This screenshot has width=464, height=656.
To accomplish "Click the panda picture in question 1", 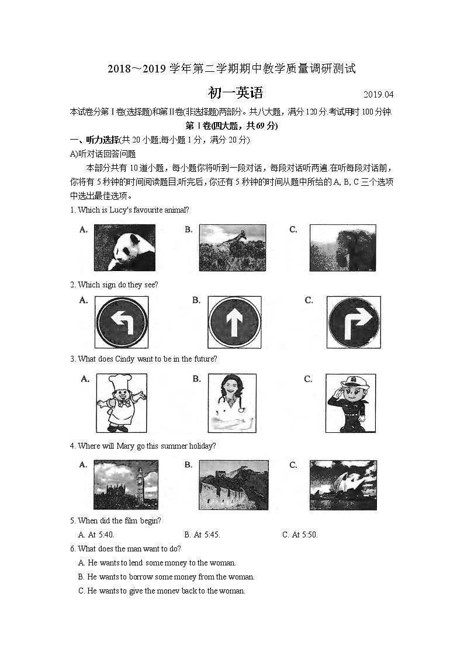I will (x=124, y=248).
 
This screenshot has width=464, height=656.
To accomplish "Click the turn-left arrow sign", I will (x=122, y=322).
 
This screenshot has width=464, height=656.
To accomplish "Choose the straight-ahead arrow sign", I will (x=234, y=322).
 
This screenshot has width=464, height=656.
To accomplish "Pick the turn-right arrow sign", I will (x=354, y=322).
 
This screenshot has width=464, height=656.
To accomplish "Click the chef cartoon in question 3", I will (x=121, y=403).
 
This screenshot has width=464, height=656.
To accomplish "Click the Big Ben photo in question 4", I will (x=126, y=485).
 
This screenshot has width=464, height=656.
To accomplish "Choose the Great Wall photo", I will (x=234, y=485).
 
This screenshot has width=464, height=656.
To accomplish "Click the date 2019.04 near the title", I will (x=379, y=95).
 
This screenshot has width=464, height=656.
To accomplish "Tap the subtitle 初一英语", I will (x=236, y=93).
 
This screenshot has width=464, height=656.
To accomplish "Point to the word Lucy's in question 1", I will (x=120, y=210).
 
